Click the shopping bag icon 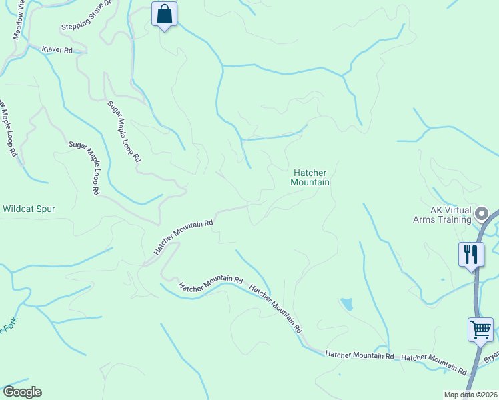point(165,13)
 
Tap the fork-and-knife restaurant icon point(471,253)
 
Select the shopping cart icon point(480,329)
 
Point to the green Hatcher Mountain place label point(311,177)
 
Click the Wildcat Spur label point(29,209)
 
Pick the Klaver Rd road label point(57,49)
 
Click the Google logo point(22,392)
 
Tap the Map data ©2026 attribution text point(470,395)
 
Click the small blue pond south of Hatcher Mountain point(346,305)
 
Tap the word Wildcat point(17,209)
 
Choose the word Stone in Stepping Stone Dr point(101,25)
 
